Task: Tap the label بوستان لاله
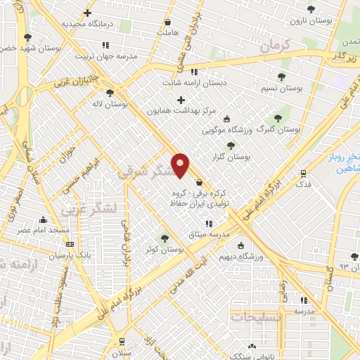pyautogui.click(x=110, y=104)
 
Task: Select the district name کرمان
pyautogui.click(x=274, y=47)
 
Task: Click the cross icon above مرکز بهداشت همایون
pyautogui.click(x=181, y=99)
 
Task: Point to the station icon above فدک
pyautogui.click(x=303, y=172)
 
